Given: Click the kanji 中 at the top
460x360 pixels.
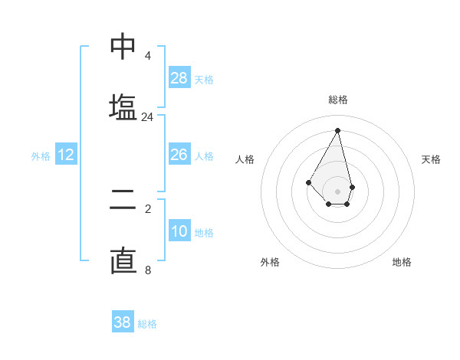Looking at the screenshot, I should (x=123, y=47).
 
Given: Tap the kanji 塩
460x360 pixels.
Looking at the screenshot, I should (x=123, y=106).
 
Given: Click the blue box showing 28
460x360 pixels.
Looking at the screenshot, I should (x=179, y=77).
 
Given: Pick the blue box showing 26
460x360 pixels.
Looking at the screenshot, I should (x=179, y=155).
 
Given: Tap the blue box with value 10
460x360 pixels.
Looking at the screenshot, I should (x=179, y=231).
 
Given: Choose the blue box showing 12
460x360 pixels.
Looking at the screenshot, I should (x=66, y=155).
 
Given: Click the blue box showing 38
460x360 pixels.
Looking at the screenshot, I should (x=123, y=322).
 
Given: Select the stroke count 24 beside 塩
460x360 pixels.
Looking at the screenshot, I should (x=147, y=117).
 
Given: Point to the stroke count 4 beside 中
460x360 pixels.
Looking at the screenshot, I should (x=147, y=56).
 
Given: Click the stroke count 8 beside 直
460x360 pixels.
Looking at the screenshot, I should (x=147, y=270).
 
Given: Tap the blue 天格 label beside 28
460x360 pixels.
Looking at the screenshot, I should (x=204, y=79).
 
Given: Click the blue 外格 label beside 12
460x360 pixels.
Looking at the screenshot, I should (x=41, y=156).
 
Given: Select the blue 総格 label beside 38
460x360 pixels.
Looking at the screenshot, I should (x=147, y=324).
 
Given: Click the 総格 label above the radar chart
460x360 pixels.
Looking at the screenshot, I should (x=338, y=100).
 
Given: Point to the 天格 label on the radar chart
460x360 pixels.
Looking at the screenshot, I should (x=431, y=159).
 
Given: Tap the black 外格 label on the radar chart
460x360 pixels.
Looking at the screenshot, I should (x=270, y=262).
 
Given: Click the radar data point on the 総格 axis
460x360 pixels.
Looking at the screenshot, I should (x=338, y=129).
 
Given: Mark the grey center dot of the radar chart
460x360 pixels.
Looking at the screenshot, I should (x=338, y=191).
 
